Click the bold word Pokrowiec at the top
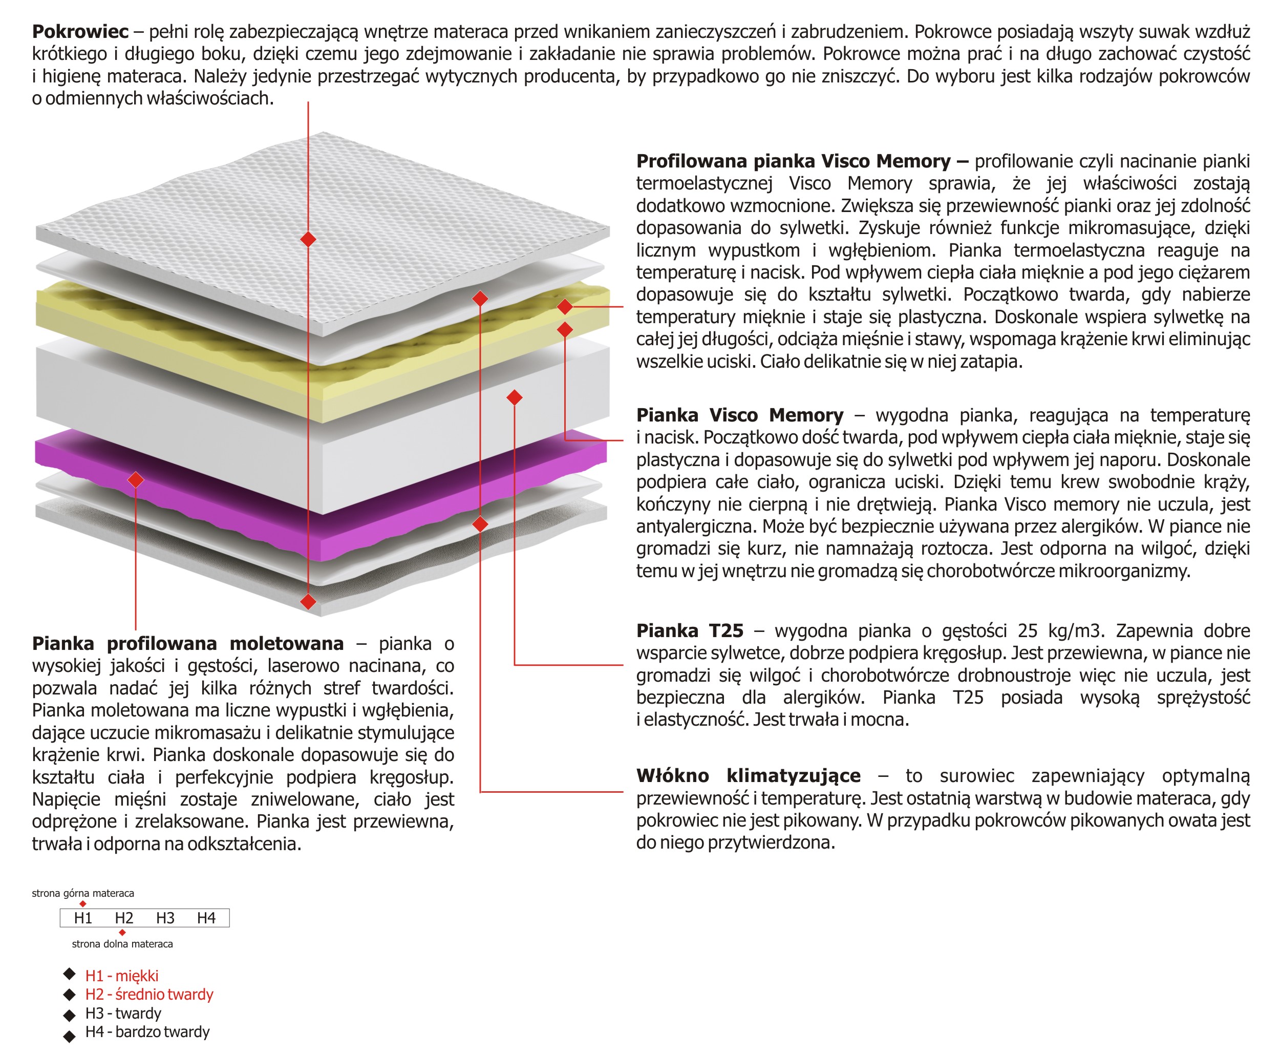tap(80, 32)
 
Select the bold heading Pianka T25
tap(690, 631)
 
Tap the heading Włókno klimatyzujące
tap(748, 776)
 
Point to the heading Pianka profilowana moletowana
tap(188, 644)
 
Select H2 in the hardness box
tap(124, 918)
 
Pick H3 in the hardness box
tap(165, 918)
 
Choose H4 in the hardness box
tap(206, 918)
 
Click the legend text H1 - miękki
tap(121, 976)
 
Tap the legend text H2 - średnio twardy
tap(149, 995)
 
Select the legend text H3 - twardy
tap(123, 1014)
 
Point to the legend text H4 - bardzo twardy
tap(147, 1032)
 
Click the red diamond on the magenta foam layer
tap(136, 480)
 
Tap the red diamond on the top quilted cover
tap(308, 240)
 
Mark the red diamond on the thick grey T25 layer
tap(514, 398)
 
